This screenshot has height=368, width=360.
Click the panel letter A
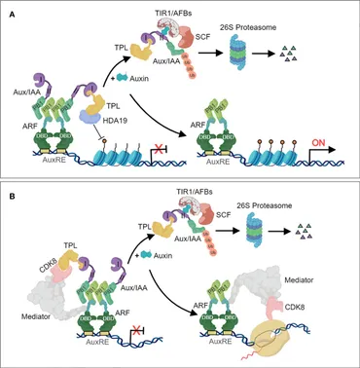[x=10, y=10]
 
